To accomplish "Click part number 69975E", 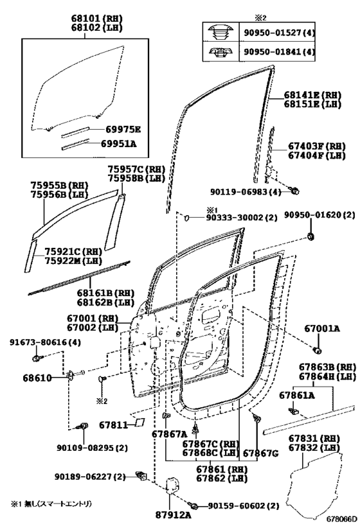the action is click(x=123, y=130).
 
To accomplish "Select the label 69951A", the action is click(x=119, y=144).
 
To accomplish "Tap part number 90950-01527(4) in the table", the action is click(x=277, y=33).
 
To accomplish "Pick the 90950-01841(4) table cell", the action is click(x=277, y=51).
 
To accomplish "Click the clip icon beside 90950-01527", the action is click(x=221, y=32).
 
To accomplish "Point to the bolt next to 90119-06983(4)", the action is click(x=294, y=191).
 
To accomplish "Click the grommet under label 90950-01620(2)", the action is click(x=310, y=236).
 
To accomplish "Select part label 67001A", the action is click(x=321, y=329).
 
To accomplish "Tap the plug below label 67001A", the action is click(x=317, y=351).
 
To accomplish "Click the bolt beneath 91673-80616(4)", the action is click(x=37, y=358).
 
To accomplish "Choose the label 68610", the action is click(x=37, y=378).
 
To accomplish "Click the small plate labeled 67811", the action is click(x=140, y=422).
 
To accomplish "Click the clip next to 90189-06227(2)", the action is click(x=141, y=475).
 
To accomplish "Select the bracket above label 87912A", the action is click(x=173, y=485).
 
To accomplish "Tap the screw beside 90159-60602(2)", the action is click(x=194, y=505).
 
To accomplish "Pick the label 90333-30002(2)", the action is click(x=242, y=218).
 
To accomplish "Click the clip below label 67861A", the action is click(x=294, y=410).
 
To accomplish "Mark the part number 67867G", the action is click(x=260, y=453).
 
